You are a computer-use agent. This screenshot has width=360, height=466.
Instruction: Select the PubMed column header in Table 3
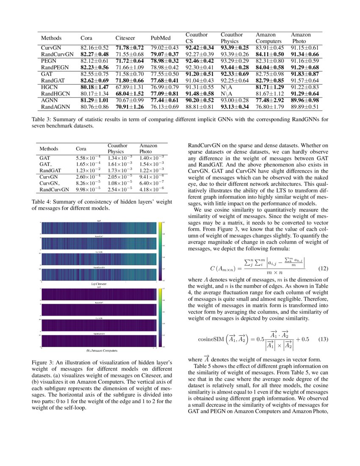[160, 38]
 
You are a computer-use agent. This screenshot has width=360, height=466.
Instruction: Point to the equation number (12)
[323, 268]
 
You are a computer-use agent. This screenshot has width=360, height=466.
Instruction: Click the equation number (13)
[323, 339]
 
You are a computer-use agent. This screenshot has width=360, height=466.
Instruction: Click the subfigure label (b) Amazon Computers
[102, 351]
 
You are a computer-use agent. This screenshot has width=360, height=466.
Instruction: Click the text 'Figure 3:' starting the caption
[44, 363]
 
